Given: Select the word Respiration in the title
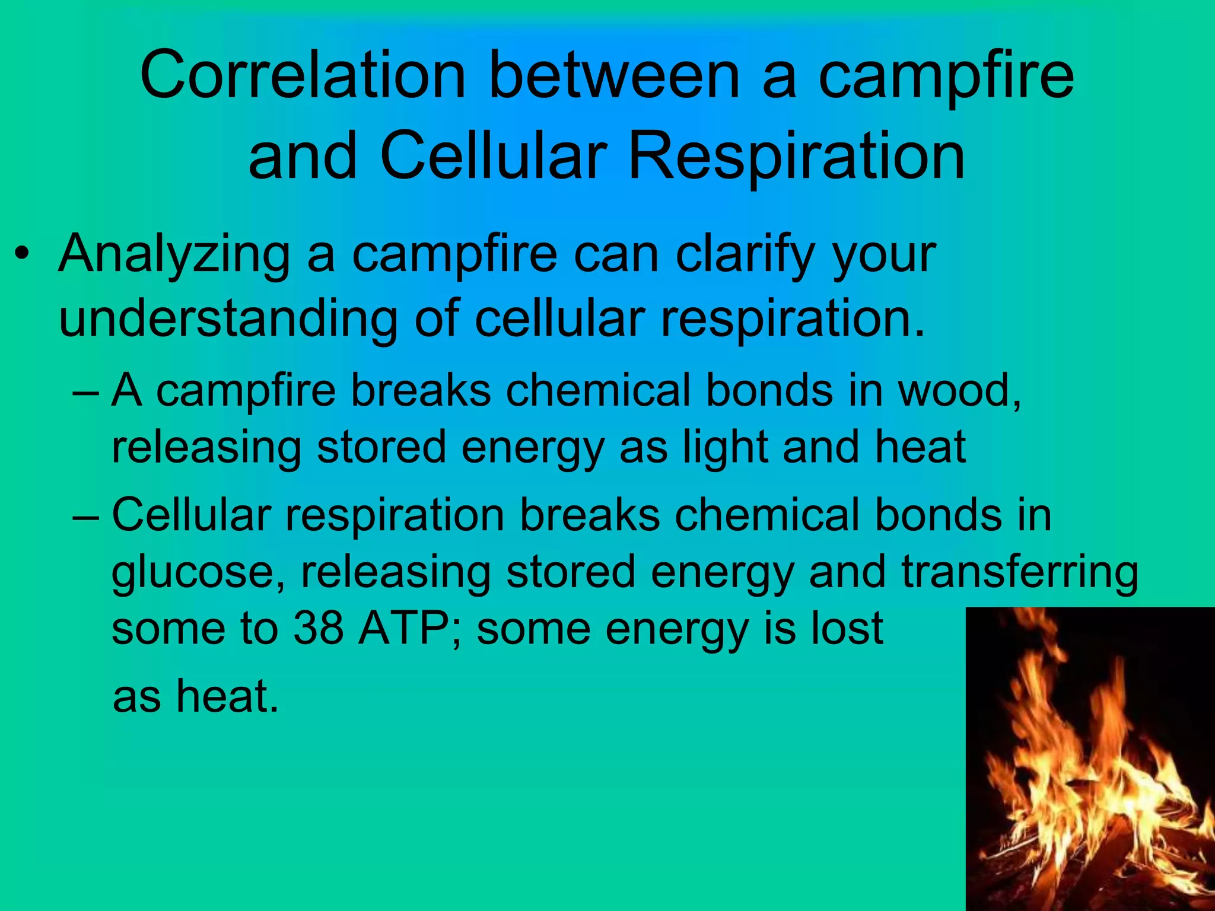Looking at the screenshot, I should (x=796, y=157).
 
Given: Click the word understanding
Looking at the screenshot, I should (x=228, y=318).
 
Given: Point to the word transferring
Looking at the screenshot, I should (x=1019, y=572).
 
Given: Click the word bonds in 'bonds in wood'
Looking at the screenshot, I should (x=769, y=391).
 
